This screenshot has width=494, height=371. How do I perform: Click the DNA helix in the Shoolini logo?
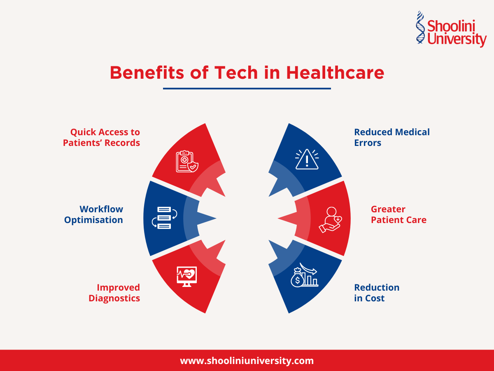[420, 27]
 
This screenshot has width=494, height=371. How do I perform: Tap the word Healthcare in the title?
[335, 73]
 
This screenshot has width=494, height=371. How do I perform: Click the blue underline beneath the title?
[247, 88]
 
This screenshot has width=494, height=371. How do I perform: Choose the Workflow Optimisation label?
[94, 214]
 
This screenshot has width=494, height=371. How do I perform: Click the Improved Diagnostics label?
[114, 293]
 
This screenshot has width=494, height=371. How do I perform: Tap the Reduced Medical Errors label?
[391, 137]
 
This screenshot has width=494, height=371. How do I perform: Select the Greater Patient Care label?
[398, 214]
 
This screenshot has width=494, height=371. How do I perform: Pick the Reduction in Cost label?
[376, 293]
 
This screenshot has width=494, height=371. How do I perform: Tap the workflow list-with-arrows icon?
[164, 217]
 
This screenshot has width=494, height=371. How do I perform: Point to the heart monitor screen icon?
[186, 275]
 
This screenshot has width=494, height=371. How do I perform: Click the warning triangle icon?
[307, 160]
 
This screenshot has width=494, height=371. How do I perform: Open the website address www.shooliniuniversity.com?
[247, 361]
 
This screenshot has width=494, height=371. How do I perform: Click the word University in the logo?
[457, 40]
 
